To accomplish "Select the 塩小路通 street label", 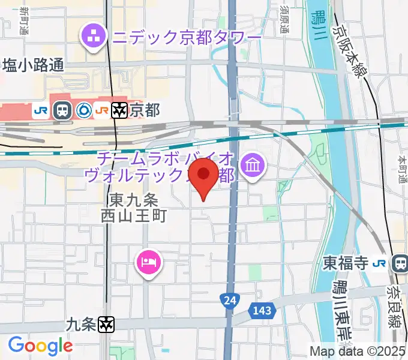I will (x=33, y=65).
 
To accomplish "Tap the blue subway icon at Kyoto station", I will (x=84, y=110).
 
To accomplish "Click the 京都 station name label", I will (x=145, y=110).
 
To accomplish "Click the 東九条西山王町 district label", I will (x=133, y=207).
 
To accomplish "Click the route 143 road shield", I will (x=262, y=310).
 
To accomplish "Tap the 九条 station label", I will (x=80, y=325).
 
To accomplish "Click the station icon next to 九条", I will (x=107, y=325).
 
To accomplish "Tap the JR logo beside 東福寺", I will (x=379, y=262).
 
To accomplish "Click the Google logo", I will (x=40, y=346).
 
